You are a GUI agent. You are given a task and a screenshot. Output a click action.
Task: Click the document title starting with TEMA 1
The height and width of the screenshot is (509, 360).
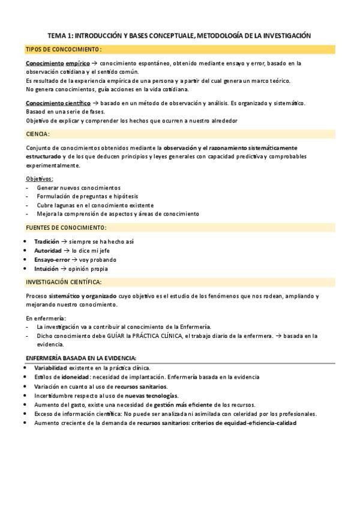179,36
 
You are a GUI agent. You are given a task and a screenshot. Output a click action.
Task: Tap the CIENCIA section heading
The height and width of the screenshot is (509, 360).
38,134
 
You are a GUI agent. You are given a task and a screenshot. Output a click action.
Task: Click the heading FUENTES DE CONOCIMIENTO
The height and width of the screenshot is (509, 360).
66,227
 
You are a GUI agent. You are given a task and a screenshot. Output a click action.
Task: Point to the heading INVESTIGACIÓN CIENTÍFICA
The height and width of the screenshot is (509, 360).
64,282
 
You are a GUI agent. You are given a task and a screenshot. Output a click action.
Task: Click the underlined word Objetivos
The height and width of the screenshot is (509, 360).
40,178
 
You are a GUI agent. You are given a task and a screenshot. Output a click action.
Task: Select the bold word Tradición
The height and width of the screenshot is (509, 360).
47,241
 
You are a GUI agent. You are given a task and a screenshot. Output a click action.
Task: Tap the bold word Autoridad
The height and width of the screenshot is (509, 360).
47,250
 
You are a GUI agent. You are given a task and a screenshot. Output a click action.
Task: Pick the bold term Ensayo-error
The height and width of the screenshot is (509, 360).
52,260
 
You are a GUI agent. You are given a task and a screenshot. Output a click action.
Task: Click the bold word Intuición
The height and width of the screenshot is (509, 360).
46,269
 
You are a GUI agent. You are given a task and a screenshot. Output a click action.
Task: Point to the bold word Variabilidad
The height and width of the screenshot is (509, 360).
50,367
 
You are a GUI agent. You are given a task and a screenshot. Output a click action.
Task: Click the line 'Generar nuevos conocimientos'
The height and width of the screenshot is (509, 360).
78,188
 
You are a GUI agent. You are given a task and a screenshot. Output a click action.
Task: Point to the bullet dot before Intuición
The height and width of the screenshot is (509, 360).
24,269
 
